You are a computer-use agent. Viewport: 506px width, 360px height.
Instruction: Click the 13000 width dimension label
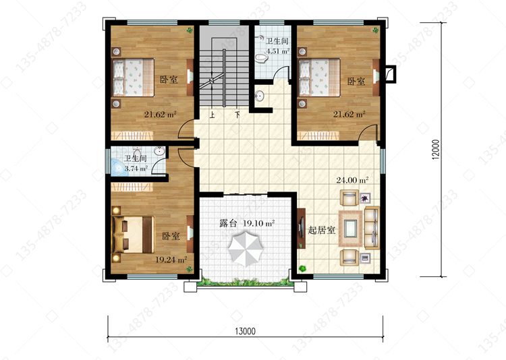(x=246, y=331)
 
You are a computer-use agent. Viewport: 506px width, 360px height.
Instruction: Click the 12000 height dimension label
(x=436, y=150)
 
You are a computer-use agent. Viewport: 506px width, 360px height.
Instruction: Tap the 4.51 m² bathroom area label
(x=277, y=51)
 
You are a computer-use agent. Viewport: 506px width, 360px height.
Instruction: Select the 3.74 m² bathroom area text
(x=136, y=168)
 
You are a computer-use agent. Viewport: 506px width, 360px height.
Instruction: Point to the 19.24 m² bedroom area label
(x=171, y=260)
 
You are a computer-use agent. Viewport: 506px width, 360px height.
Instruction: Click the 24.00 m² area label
(x=352, y=180)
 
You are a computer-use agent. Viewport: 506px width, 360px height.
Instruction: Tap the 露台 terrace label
(x=229, y=223)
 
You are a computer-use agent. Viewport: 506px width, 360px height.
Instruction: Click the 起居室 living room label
(x=321, y=230)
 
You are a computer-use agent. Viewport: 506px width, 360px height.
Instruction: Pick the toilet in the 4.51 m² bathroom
(x=261, y=58)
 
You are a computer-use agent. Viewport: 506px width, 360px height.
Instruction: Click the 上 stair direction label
(x=212, y=115)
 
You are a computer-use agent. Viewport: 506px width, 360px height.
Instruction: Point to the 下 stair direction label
(x=237, y=115)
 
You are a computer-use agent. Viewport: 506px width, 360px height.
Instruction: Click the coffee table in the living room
(x=350, y=228)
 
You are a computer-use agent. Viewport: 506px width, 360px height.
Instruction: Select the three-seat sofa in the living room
(x=372, y=228)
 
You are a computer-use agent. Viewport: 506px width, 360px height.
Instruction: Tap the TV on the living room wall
(x=302, y=228)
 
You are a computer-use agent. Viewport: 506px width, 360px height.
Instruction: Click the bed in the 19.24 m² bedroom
(x=133, y=235)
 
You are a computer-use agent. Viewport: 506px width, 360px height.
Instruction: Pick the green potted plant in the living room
(x=302, y=268)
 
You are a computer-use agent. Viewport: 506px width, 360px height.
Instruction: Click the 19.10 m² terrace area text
(x=258, y=223)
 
